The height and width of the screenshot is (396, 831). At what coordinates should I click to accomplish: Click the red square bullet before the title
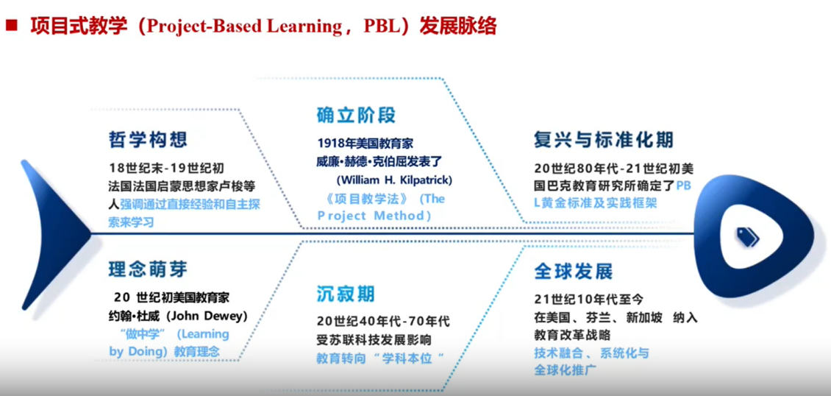(x=11, y=26)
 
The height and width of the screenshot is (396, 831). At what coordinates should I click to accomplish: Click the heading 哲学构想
(x=148, y=140)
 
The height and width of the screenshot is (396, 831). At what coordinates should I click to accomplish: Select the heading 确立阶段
(x=356, y=115)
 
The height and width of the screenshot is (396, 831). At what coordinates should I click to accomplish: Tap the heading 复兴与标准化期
(x=604, y=140)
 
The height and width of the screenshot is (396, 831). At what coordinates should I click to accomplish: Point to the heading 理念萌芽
(x=148, y=269)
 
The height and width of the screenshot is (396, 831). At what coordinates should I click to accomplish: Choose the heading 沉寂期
(x=346, y=294)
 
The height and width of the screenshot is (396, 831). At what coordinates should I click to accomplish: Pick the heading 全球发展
(x=574, y=272)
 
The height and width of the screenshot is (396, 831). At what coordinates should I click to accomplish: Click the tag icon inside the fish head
(x=747, y=236)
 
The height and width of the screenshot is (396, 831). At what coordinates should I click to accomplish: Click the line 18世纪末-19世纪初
(x=166, y=169)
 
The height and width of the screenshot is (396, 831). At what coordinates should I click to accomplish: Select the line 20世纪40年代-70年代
(x=383, y=322)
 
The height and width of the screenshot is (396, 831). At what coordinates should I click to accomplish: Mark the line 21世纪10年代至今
(x=589, y=300)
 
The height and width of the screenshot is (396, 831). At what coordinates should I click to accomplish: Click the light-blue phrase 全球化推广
(x=565, y=370)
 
